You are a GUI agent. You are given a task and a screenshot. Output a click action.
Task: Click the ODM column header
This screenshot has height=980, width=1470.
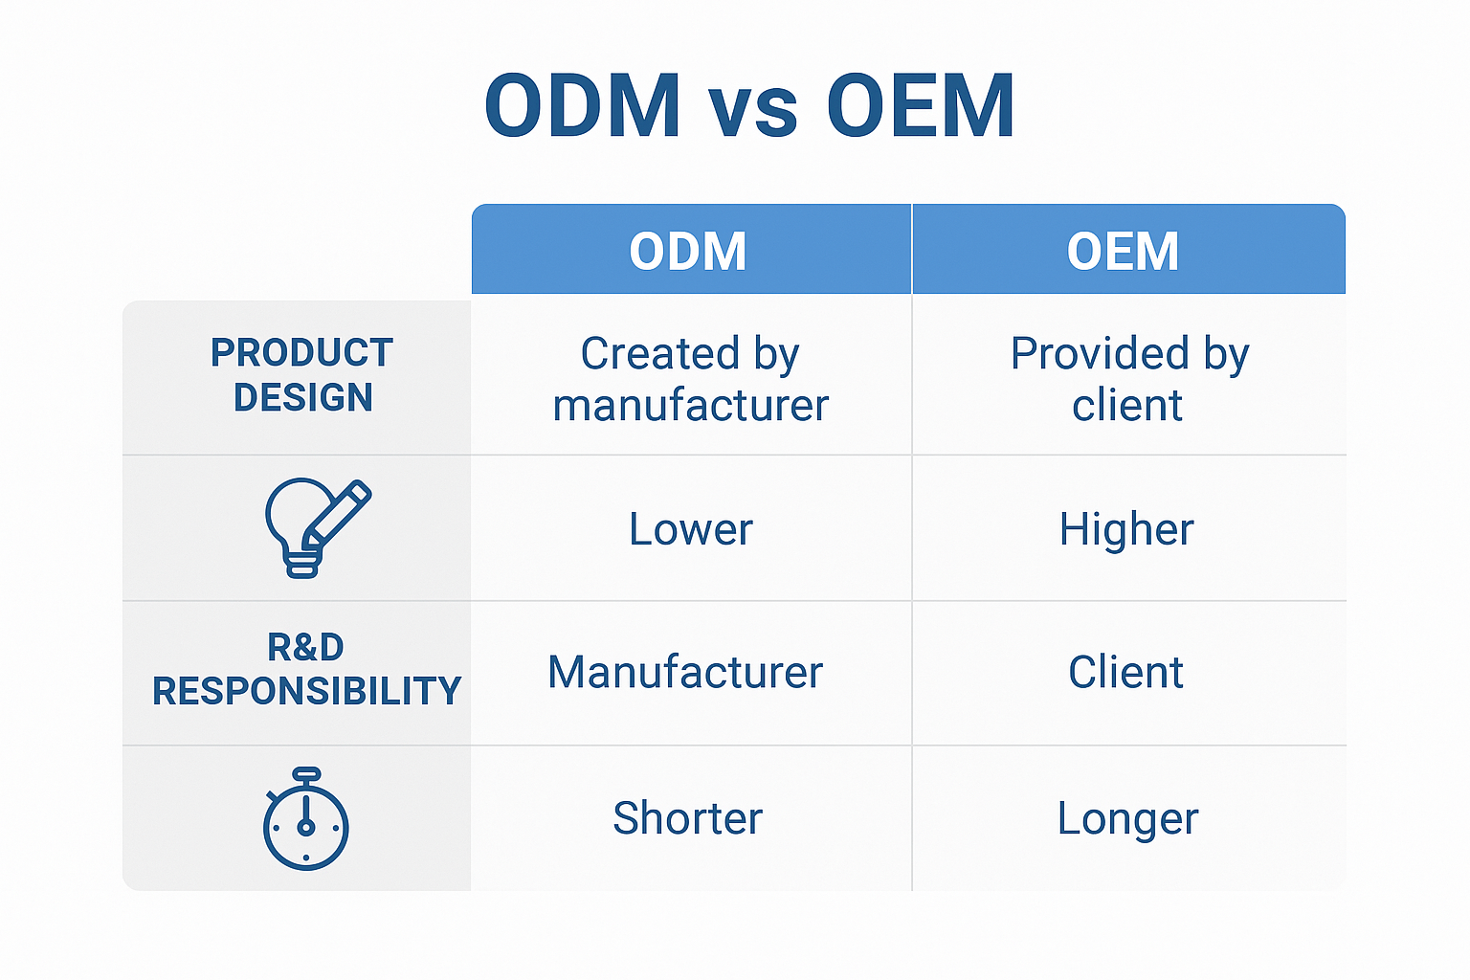(688, 252)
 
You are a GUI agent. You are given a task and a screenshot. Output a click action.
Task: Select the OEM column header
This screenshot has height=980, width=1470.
(1123, 252)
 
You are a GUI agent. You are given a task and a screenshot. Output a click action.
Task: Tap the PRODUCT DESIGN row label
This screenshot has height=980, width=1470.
(301, 375)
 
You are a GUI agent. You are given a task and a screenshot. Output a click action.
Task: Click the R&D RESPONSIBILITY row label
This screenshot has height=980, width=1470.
(306, 669)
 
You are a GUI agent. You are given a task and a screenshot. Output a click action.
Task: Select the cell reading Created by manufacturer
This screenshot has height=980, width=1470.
(690, 379)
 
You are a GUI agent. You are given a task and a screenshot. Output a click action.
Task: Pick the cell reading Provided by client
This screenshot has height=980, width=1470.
(1128, 379)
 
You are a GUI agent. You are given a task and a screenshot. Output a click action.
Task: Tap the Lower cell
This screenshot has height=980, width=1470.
(690, 529)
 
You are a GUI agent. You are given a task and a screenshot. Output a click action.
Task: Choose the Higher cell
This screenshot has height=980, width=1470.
(1126, 529)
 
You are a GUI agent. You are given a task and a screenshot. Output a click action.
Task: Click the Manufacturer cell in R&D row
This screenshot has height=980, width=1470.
(685, 672)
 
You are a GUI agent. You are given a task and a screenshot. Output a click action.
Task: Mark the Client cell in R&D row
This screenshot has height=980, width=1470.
(1125, 672)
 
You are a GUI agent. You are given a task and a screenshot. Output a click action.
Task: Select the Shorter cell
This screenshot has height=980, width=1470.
(687, 818)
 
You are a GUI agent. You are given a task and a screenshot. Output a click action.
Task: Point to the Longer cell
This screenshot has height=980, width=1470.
(1127, 819)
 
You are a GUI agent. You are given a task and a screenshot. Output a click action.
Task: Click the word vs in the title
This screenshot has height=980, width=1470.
(753, 109)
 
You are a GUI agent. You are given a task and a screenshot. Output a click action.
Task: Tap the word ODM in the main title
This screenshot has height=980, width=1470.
(582, 106)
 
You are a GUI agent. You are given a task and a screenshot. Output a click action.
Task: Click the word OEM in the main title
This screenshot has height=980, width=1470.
(920, 106)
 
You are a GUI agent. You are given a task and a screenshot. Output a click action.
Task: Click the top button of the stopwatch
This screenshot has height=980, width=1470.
(306, 773)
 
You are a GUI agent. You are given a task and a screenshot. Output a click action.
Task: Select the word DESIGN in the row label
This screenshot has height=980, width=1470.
(302, 397)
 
